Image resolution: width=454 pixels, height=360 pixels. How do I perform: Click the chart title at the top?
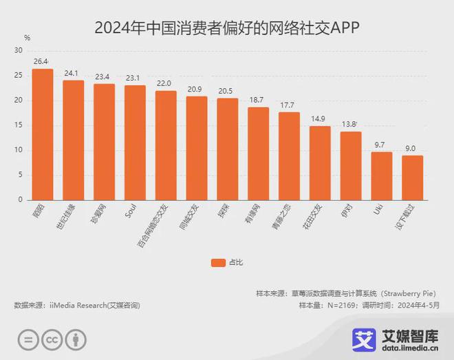click(x=227, y=28)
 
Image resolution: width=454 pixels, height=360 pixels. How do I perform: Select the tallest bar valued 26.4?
click(x=43, y=134)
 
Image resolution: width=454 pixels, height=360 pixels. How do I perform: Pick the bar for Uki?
click(x=382, y=176)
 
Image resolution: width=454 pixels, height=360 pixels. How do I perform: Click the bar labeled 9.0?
click(x=413, y=178)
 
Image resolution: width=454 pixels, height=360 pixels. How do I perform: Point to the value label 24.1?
click(x=73, y=73)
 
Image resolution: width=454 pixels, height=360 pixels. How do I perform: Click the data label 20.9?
click(x=197, y=89)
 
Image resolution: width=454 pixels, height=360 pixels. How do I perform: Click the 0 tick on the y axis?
click(x=21, y=200)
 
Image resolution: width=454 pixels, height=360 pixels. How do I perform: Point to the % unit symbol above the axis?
click(x=27, y=38)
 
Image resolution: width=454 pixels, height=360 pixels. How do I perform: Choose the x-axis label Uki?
click(x=378, y=209)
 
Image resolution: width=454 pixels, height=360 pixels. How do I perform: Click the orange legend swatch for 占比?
click(x=218, y=262)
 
